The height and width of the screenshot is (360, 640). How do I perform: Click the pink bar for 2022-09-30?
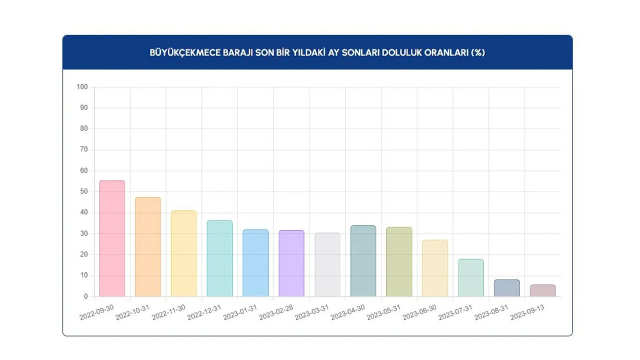coord(112,238)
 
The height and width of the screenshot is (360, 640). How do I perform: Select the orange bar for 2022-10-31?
coord(148,247)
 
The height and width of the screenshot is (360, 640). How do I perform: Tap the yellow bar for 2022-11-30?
coord(183,253)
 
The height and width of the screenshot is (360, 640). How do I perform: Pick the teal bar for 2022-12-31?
coord(219,258)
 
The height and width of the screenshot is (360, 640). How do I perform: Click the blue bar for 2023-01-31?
coord(255,263)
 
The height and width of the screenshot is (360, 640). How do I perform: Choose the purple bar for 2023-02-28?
coord(291,263)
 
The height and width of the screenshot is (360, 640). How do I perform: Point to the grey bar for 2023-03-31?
coord(327,265)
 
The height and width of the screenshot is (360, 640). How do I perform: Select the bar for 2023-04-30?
coord(363,261)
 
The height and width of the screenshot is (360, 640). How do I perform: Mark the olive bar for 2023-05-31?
coord(399,262)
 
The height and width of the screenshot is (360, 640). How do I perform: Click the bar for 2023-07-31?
coord(471,278)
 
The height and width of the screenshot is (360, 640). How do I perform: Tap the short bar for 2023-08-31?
coord(506,288)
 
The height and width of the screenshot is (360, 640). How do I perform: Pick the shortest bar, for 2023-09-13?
coord(542,290)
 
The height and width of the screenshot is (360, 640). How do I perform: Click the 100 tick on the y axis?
coord(82,87)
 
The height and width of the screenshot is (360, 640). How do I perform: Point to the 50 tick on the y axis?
coord(83,191)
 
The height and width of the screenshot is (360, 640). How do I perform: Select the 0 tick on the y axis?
coord(85,296)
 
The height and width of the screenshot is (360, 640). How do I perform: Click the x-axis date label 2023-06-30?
coord(419,312)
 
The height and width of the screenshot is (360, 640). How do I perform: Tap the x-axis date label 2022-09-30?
coord(96,312)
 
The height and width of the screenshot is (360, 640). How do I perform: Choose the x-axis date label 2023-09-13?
coord(527,312)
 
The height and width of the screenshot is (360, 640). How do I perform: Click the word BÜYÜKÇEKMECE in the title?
coord(183,52)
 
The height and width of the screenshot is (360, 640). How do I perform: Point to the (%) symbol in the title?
coord(477,52)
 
